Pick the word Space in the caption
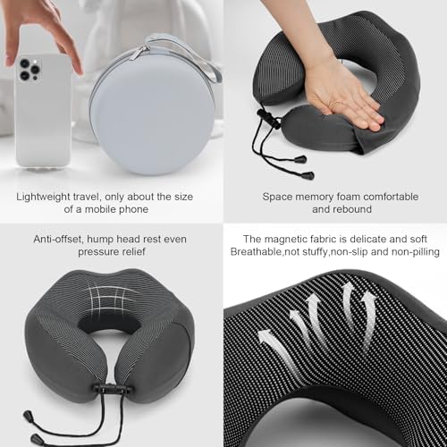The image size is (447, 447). click(x=278, y=196)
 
